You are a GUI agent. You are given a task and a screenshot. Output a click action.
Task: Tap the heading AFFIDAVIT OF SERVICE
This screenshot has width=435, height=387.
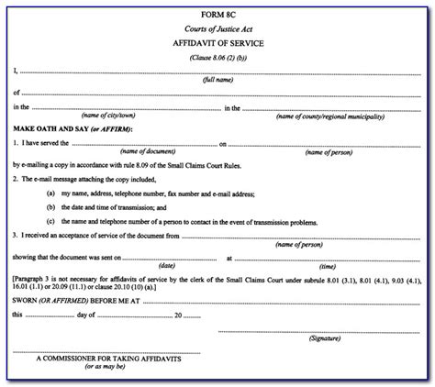[x=217, y=44]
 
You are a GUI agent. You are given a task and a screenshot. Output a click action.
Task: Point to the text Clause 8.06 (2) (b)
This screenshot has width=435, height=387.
[x=217, y=57]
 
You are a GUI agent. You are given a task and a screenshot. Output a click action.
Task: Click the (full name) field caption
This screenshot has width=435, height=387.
[x=217, y=81]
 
